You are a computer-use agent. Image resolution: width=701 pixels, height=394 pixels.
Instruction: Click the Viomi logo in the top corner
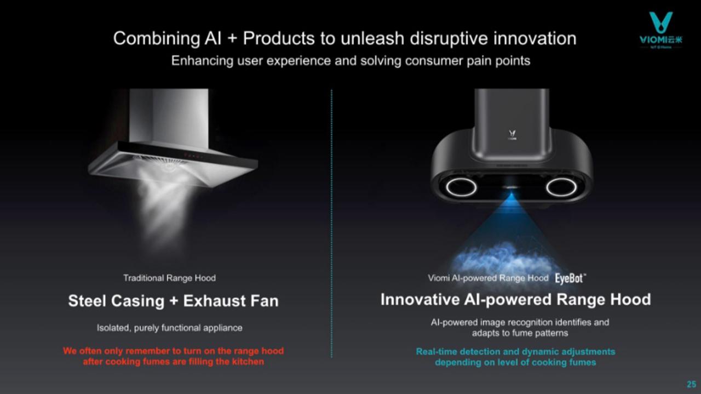click(x=660, y=30)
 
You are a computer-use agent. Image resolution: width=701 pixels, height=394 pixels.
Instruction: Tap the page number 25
click(x=691, y=384)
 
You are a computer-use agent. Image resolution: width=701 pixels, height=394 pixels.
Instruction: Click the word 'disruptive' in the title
click(x=449, y=38)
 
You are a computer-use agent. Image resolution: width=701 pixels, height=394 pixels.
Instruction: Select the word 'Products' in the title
click(x=279, y=38)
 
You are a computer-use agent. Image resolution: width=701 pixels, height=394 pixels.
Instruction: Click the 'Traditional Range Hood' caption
click(x=169, y=278)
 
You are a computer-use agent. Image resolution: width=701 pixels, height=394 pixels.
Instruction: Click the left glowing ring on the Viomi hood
click(x=461, y=187)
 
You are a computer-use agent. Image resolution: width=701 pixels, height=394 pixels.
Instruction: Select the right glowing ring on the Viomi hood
click(x=561, y=187)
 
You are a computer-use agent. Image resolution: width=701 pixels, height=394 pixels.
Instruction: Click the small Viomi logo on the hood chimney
click(x=512, y=135)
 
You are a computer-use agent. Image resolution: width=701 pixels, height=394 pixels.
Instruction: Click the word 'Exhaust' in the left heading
click(x=214, y=301)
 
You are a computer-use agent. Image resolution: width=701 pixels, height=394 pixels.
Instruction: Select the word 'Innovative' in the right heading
click(x=420, y=299)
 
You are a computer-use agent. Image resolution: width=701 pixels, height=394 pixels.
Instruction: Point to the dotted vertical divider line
click(x=331, y=224)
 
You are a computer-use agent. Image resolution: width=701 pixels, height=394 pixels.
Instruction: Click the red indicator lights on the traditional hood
click(x=193, y=155)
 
